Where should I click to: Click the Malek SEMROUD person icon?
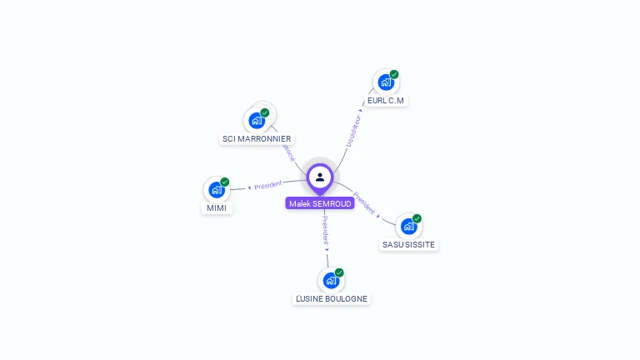coord(320,177)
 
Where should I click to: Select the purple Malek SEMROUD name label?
coord(320,203)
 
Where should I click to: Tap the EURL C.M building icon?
coord(385,82)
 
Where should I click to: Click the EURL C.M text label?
coord(386,101)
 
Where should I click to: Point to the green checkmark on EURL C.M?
coord(394,74)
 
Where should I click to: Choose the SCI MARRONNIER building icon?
coord(257,121)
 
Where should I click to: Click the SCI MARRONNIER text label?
coord(257,139)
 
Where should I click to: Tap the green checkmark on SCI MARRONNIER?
coord(265,112)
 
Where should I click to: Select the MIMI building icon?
coord(217,190)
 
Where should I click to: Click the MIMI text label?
coord(217,208)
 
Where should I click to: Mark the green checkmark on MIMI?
coord(225,182)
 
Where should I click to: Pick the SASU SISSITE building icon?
coord(408,226)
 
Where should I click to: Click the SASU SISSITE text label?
coord(408,245)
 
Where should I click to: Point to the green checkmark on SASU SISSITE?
coord(417,218)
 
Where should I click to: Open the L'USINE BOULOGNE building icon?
coord(331,280)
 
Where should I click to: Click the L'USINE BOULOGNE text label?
coord(331,298)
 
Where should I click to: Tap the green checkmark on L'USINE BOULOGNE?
coord(339,272)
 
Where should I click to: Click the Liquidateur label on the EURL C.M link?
coord(353,131)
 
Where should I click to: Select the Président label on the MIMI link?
coord(268,184)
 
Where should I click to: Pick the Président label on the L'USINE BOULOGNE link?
coord(325,230)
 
